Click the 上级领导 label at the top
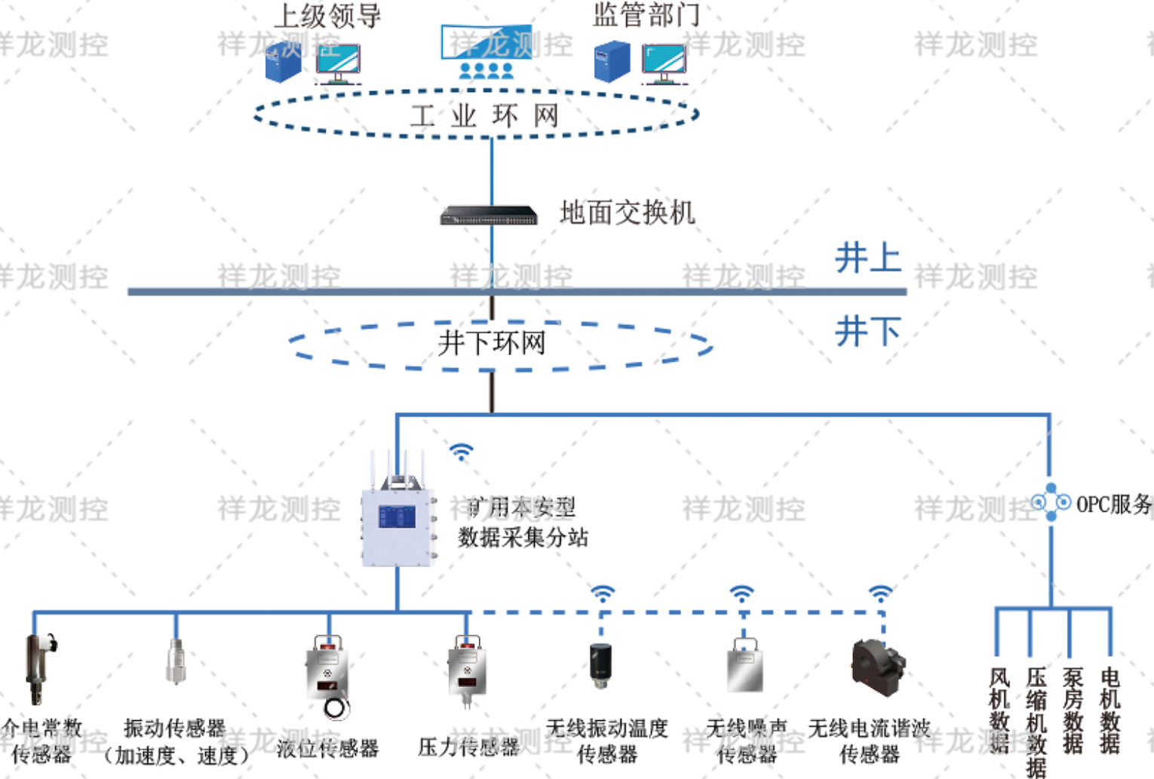(327, 15)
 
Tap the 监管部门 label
(646, 14)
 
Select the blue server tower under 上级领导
(284, 62)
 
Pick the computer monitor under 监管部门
(664, 63)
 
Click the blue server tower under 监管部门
(612, 61)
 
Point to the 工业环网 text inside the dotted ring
(484, 116)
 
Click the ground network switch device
(489, 215)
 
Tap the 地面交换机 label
(626, 213)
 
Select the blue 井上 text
(867, 259)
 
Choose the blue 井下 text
(867, 331)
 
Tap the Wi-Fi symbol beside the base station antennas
(462, 451)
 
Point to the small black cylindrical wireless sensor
(600, 664)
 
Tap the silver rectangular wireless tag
(744, 667)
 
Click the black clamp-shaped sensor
(878, 667)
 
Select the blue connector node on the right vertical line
(1051, 501)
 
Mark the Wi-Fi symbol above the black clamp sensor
(879, 591)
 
